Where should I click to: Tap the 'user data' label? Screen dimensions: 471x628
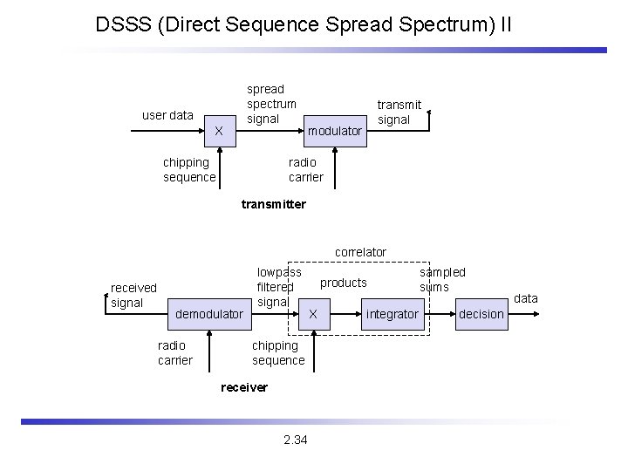[x=167, y=115]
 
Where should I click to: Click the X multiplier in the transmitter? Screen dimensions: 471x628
[x=219, y=131]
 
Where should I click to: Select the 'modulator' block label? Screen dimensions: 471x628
[x=335, y=131]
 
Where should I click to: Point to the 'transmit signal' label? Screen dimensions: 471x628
[x=399, y=112]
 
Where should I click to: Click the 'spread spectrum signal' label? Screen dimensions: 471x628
[x=271, y=104]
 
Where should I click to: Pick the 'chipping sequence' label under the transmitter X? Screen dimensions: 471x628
[x=189, y=169]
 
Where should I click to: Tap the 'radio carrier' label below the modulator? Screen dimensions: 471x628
[x=305, y=169]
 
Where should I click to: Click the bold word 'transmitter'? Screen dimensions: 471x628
[x=273, y=204]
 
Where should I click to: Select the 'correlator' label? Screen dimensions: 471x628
[x=360, y=252]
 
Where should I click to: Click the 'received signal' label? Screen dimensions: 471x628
[x=133, y=295]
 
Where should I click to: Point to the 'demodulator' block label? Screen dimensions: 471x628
[x=209, y=313]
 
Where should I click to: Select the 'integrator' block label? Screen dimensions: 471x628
[x=392, y=313]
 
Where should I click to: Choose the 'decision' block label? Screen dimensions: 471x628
[x=481, y=313]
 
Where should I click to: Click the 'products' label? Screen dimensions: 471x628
[x=344, y=283]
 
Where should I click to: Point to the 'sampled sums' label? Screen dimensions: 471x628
[x=442, y=279]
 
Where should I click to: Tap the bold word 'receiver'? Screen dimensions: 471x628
[x=244, y=387]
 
